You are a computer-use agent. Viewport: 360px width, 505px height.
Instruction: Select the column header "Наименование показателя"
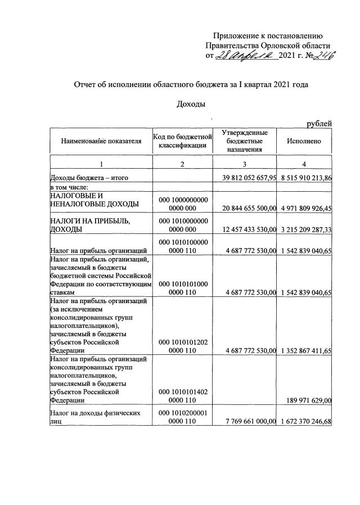pos(101,141)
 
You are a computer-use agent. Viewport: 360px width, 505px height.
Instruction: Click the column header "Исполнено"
pos(304,141)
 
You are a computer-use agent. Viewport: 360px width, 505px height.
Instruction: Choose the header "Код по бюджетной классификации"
pos(182,141)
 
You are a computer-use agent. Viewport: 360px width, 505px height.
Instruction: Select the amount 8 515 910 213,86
pos(305,178)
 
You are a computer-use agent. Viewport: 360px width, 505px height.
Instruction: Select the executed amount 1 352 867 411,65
pos(305,351)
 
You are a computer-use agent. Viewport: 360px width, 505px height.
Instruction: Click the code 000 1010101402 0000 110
pos(182,396)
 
